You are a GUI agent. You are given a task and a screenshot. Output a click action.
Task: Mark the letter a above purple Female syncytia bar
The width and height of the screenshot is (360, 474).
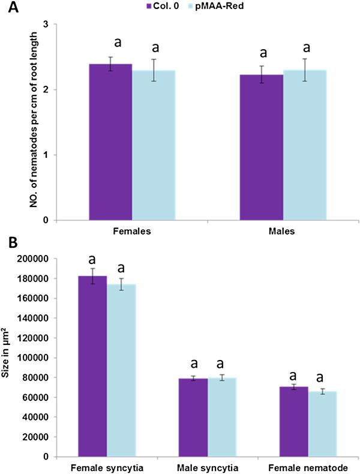pyautogui.click(x=92, y=259)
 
